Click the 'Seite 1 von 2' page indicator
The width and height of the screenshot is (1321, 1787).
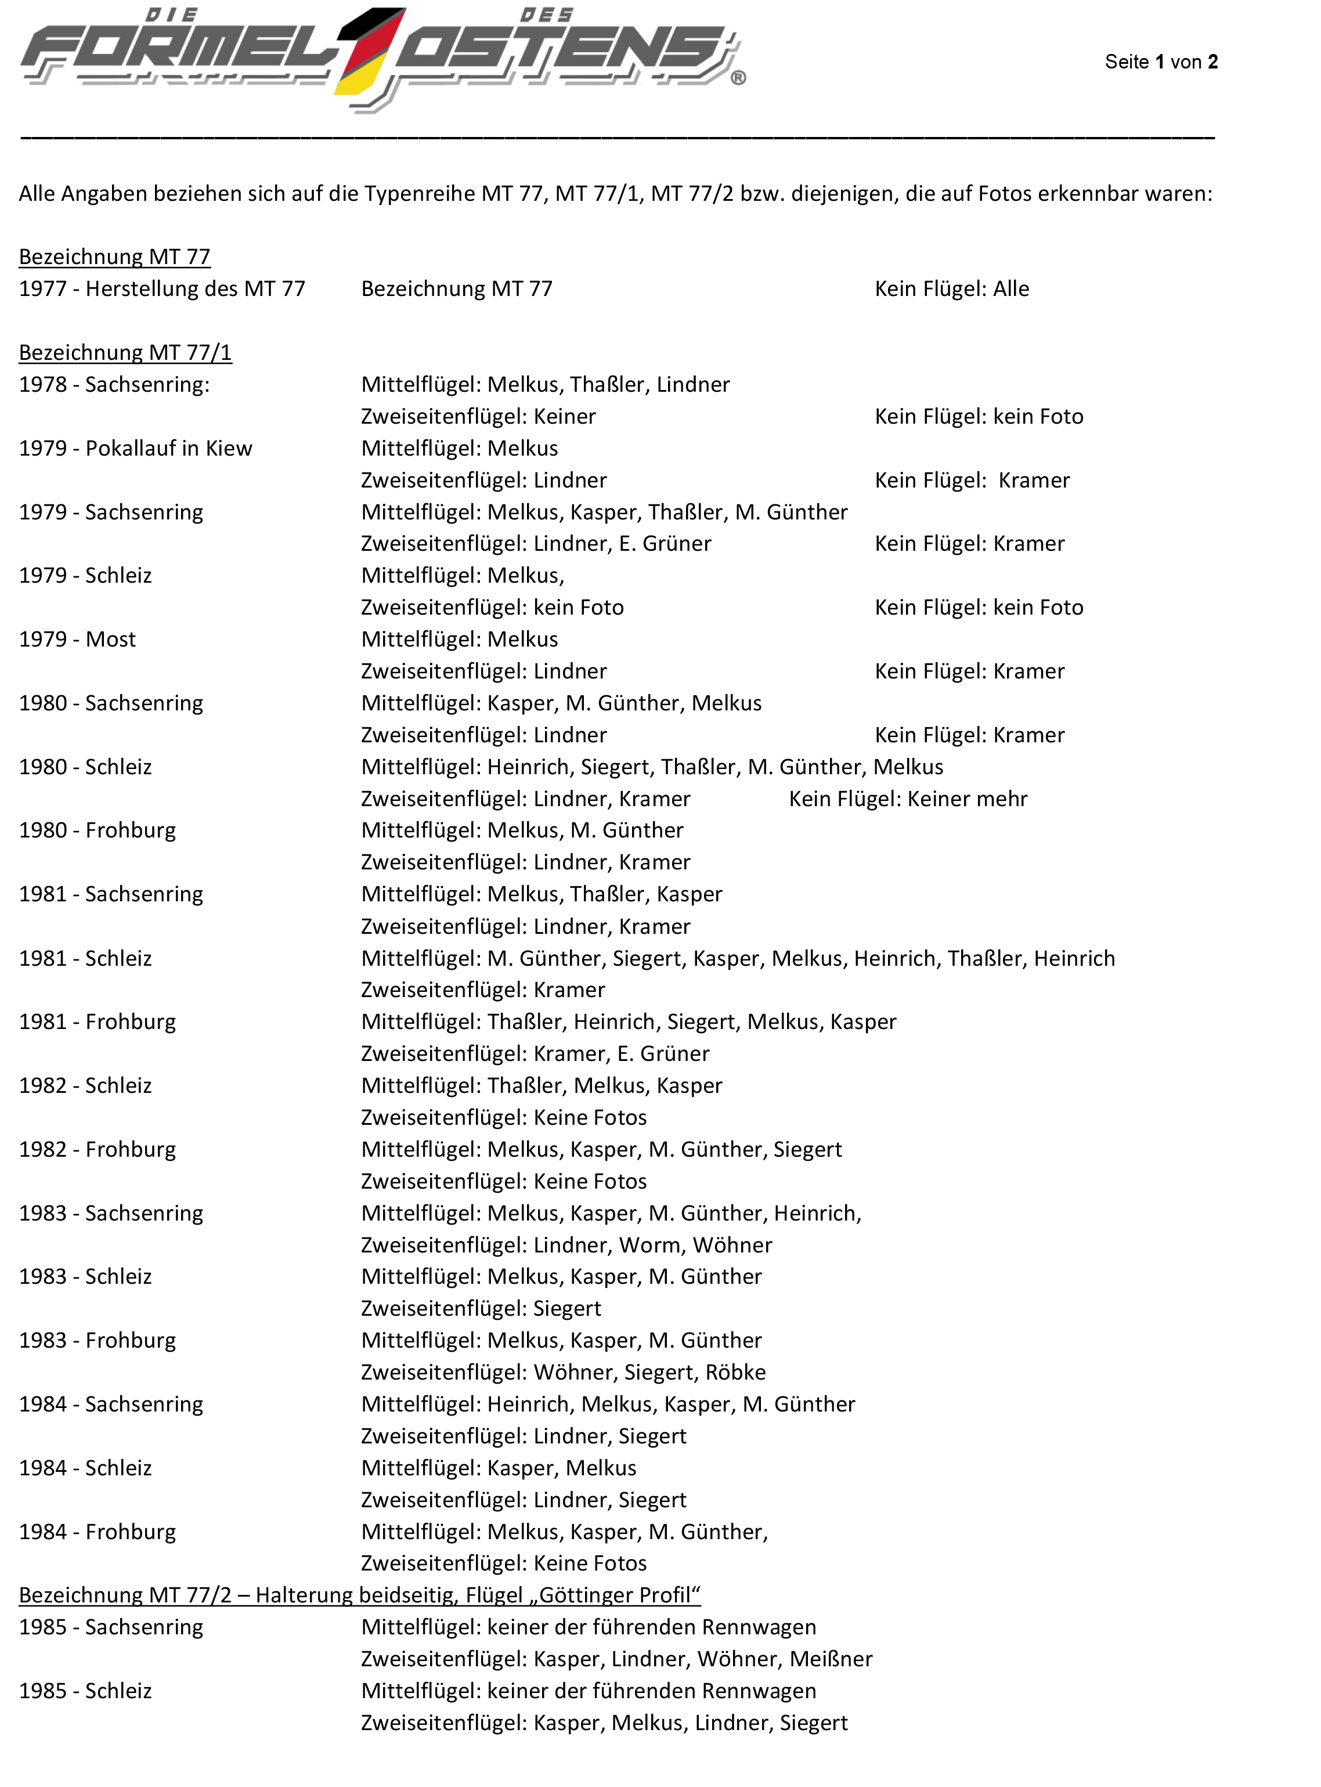pyautogui.click(x=1160, y=62)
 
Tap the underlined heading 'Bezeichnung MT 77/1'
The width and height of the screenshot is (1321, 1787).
pyautogui.click(x=125, y=353)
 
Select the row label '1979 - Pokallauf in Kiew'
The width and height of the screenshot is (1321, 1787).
pyautogui.click(x=135, y=449)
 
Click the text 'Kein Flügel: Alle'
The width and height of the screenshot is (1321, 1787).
pyautogui.click(x=951, y=288)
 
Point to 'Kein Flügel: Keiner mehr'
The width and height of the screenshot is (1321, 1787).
pyautogui.click(x=908, y=799)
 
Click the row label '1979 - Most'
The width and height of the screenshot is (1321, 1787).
pyautogui.click(x=78, y=640)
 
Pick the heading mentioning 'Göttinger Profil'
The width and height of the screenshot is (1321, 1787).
pyautogui.click(x=360, y=1595)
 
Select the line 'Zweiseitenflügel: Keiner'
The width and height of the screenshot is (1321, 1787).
pyautogui.click(x=478, y=417)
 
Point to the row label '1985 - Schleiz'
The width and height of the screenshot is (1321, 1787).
pyautogui.click(x=85, y=1691)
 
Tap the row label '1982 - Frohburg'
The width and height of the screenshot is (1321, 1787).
pyautogui.click(x=98, y=1150)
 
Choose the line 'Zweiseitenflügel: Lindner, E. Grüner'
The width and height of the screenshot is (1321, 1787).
pyautogui.click(x=536, y=544)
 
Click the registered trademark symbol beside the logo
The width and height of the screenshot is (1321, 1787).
pyautogui.click(x=738, y=78)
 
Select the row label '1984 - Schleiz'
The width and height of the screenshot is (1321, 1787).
pyautogui.click(x=85, y=1468)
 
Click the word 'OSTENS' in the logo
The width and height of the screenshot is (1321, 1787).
pyautogui.click(x=560, y=52)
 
